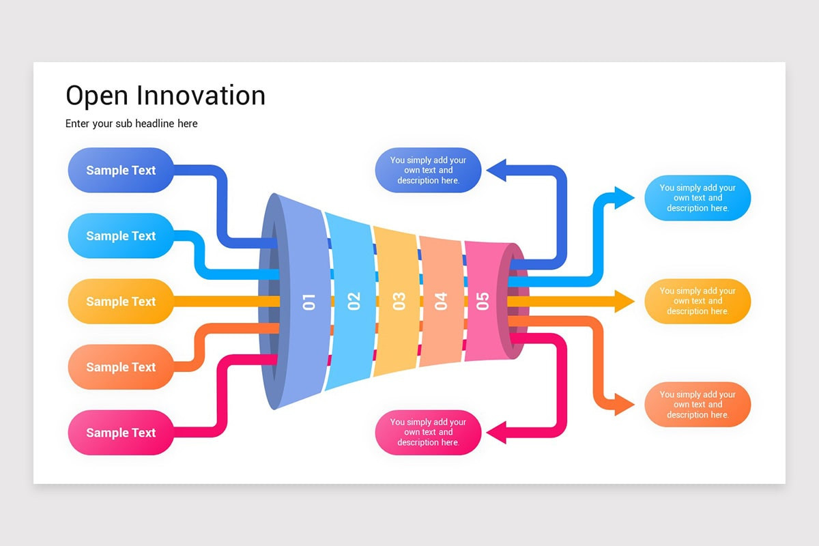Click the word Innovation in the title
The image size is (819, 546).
click(x=201, y=96)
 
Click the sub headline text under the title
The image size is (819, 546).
click(x=131, y=124)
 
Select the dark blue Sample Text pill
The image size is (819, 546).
click(x=121, y=170)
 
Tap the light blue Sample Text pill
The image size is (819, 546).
click(x=121, y=235)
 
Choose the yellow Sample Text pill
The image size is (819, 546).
click(x=121, y=301)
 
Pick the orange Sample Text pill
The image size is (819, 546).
click(x=121, y=367)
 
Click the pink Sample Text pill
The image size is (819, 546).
click(x=121, y=432)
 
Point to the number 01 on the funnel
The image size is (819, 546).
click(x=309, y=301)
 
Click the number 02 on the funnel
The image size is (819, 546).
click(x=354, y=301)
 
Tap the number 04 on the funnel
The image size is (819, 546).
click(x=441, y=301)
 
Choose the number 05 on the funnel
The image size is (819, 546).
click(x=483, y=300)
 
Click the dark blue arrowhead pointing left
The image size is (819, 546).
click(x=496, y=170)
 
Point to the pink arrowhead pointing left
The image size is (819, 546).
click(x=496, y=432)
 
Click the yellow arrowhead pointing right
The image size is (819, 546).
click(x=624, y=301)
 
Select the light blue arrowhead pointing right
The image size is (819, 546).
click(x=624, y=198)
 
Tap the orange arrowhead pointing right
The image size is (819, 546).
click(x=624, y=404)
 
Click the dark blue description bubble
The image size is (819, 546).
click(x=428, y=170)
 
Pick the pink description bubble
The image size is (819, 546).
click(x=428, y=432)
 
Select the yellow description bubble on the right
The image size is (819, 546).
click(x=698, y=301)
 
